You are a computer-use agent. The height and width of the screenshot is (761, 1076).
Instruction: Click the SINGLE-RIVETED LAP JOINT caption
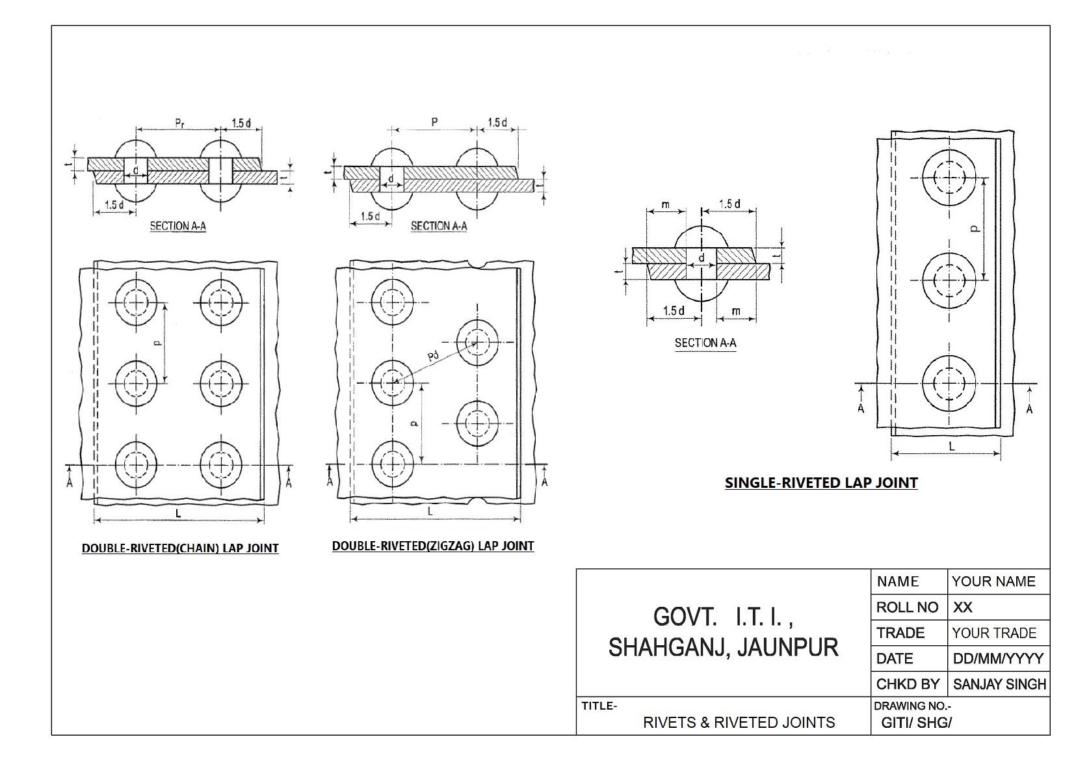(821, 483)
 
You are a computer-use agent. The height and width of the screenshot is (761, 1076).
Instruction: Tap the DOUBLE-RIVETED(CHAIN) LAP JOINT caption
(180, 548)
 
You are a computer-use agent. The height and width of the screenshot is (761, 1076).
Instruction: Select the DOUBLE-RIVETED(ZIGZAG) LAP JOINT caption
(433, 546)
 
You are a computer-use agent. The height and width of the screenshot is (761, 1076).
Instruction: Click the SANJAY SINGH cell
(999, 684)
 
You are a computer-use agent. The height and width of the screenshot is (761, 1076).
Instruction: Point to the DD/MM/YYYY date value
(998, 658)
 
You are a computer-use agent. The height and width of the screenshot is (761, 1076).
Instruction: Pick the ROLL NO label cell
(907, 607)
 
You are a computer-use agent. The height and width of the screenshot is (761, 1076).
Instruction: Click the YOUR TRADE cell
(994, 633)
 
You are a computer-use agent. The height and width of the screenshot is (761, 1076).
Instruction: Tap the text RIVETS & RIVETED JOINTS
(739, 722)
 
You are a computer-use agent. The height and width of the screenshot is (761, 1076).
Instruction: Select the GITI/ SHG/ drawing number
(916, 722)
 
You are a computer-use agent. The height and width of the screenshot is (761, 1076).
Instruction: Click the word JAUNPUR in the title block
(788, 647)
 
